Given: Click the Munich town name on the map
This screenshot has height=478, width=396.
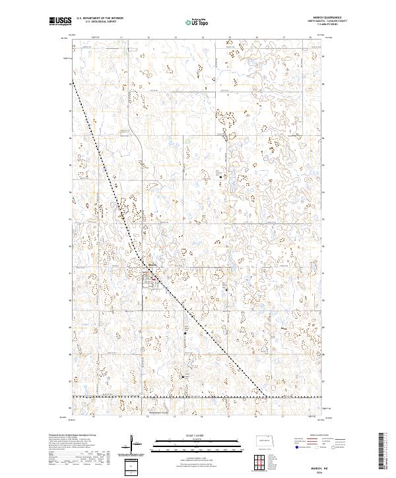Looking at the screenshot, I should click(x=151, y=266).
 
